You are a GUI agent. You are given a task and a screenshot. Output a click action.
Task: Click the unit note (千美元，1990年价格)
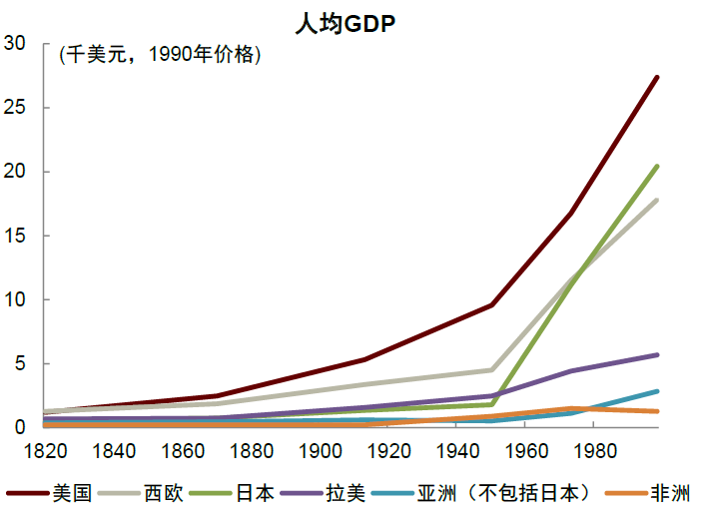pos(160,55)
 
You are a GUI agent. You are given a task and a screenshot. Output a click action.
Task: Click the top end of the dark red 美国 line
pos(657,77)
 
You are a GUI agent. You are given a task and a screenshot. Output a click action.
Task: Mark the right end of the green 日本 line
pos(657,166)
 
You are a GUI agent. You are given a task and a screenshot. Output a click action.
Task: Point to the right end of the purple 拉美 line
pos(657,354)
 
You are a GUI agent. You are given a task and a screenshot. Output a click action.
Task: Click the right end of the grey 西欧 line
pos(657,200)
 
